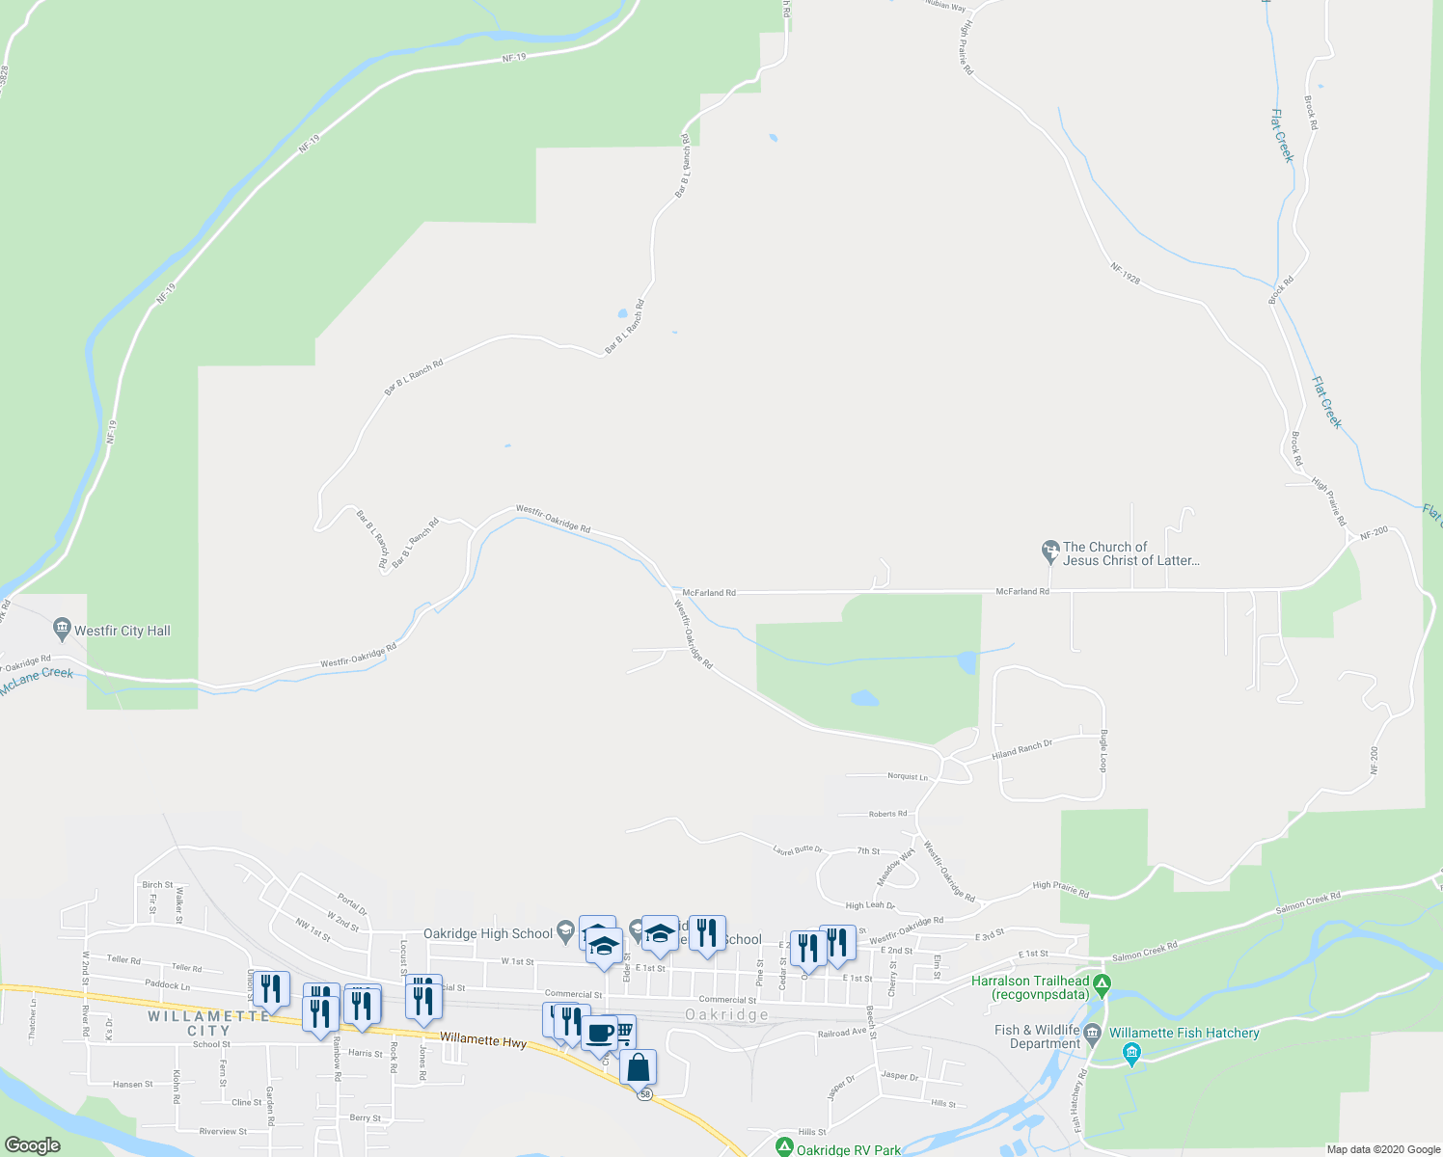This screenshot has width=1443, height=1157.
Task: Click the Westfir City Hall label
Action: coord(123,631)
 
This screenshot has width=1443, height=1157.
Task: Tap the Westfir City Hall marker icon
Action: coord(63,630)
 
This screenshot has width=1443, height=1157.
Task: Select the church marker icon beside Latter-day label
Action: coord(1050,552)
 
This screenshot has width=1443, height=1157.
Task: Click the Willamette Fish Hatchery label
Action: coord(1184,1033)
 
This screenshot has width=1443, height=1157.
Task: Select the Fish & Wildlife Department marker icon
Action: coord(1092,1036)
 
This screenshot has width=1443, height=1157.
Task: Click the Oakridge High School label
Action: coord(488,933)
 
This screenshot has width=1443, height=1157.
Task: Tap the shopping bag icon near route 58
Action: coord(638,1068)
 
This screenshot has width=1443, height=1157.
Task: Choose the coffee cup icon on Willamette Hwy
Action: coord(599,1033)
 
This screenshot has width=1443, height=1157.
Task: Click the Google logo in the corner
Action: coord(33,1145)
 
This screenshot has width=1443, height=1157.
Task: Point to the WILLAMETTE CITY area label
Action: coord(209,1023)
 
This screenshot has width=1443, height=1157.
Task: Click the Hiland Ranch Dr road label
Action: coord(1021,748)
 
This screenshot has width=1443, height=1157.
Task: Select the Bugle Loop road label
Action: coord(1103,750)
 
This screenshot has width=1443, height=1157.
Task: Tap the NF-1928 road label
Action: coord(1125,274)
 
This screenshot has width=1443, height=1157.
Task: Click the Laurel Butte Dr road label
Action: coord(798,849)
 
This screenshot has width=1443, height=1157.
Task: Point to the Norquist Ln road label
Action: coord(907,776)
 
